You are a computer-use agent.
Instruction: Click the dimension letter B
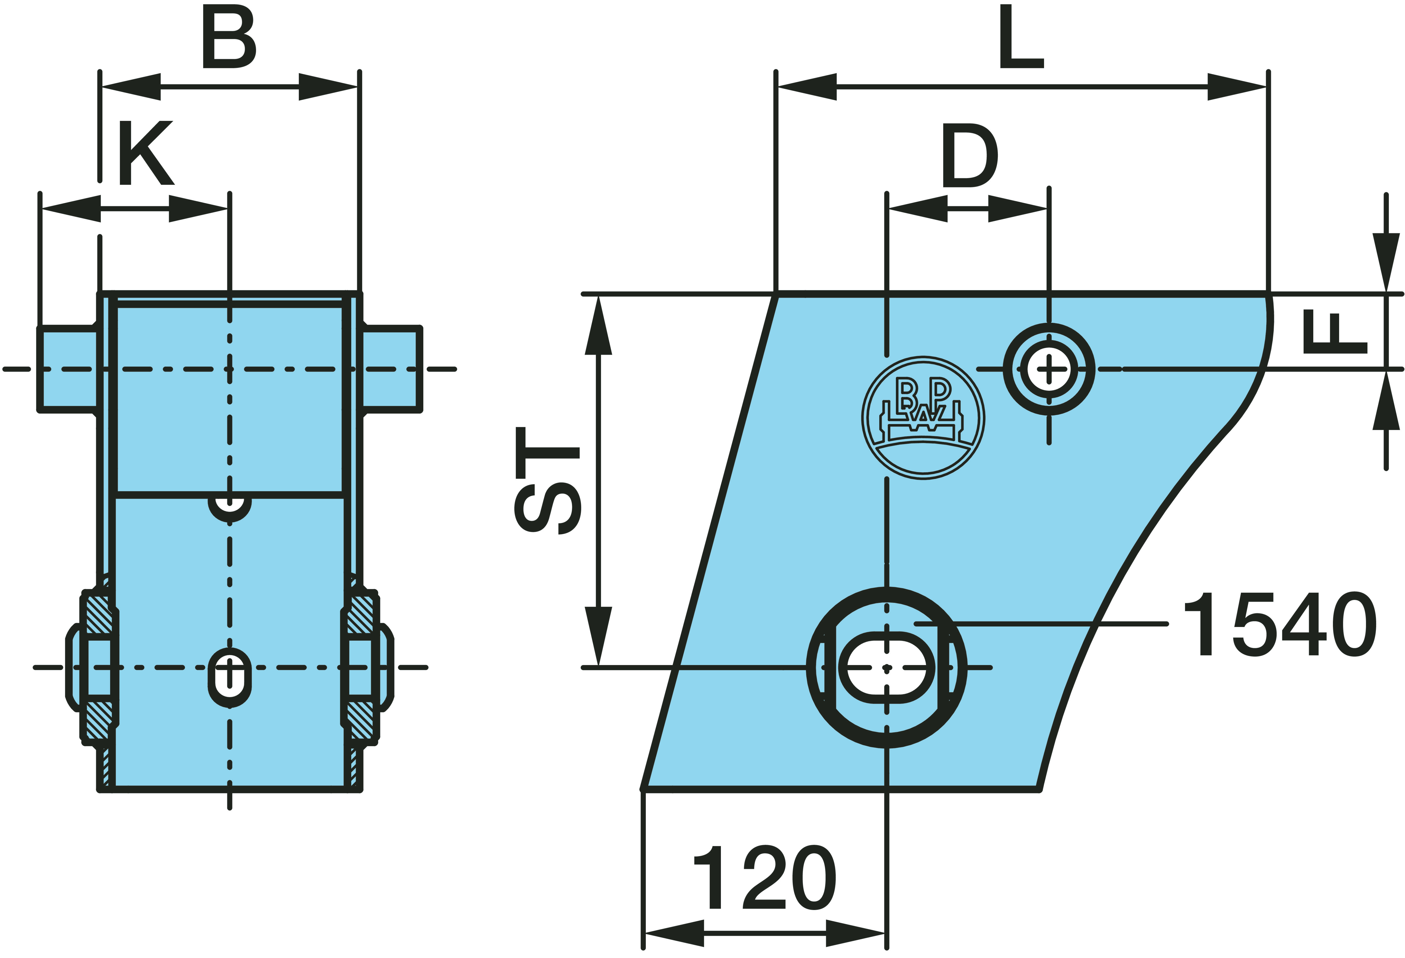pyautogui.click(x=229, y=38)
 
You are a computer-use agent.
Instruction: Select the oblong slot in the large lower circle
pyautogui.click(x=886, y=668)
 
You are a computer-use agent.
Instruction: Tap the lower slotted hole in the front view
pyautogui.click(x=229, y=677)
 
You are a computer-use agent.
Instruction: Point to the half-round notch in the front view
pyautogui.click(x=229, y=507)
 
